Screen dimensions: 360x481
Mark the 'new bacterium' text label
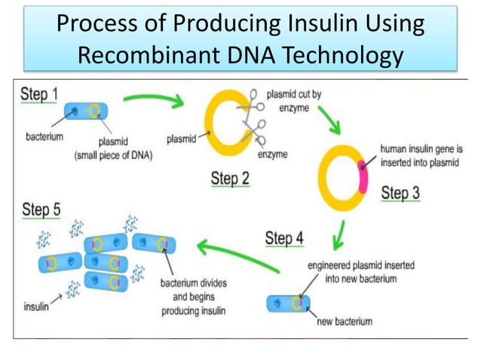(344, 322)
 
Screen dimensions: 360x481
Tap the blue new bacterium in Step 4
(287, 304)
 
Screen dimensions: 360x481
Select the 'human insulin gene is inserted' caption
(421, 154)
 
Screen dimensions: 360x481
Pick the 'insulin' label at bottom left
(35, 308)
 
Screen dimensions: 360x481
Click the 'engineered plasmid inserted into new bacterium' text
(360, 272)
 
